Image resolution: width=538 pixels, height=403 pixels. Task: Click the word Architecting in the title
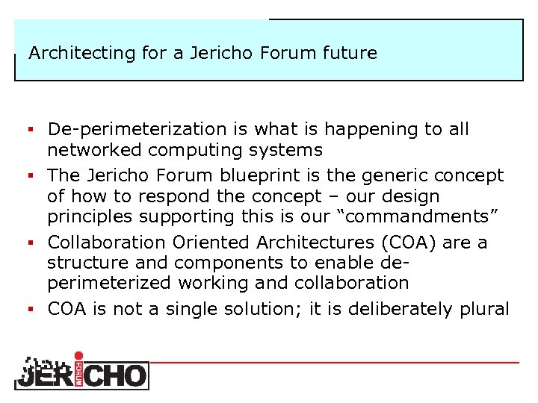[x=69, y=54]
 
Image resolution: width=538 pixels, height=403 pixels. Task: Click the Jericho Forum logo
[x=81, y=372]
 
